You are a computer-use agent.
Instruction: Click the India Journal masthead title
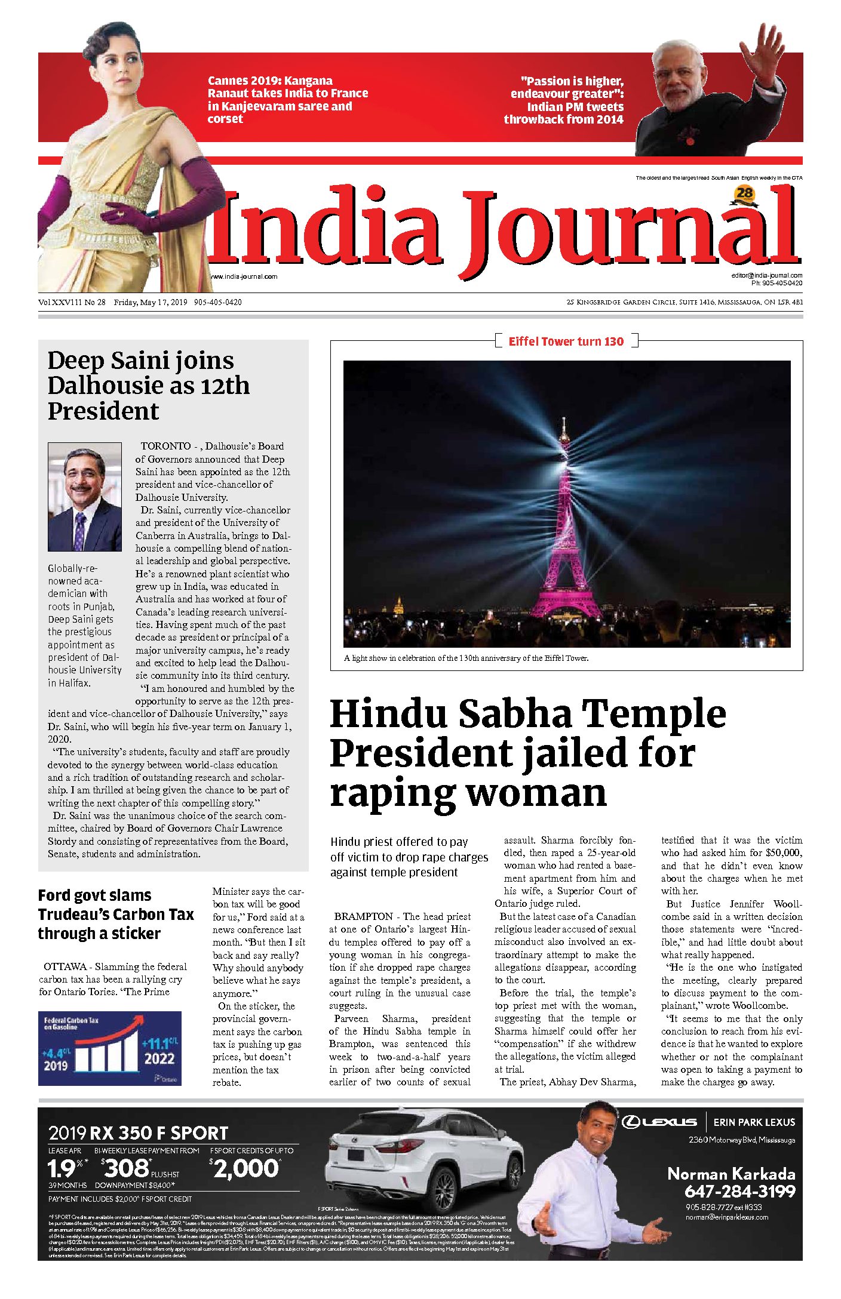[x=505, y=230]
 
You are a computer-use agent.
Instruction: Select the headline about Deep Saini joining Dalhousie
[x=149, y=386]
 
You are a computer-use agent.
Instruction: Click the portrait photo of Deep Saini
[x=85, y=497]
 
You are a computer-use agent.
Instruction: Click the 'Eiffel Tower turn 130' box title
[x=566, y=341]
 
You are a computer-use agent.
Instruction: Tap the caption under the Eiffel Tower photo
[x=466, y=658]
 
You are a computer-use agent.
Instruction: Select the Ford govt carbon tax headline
[x=116, y=914]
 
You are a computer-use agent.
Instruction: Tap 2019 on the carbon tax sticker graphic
[x=56, y=1066]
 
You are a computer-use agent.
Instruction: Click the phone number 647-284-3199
[x=739, y=1192]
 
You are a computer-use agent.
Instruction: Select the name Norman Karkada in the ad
[x=731, y=1174]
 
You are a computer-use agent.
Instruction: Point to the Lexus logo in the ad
[x=659, y=1122]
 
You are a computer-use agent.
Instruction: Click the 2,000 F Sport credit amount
[x=245, y=1168]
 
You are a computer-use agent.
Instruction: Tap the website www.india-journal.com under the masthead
[x=244, y=276]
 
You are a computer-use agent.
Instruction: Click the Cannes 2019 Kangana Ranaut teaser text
[x=287, y=100]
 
